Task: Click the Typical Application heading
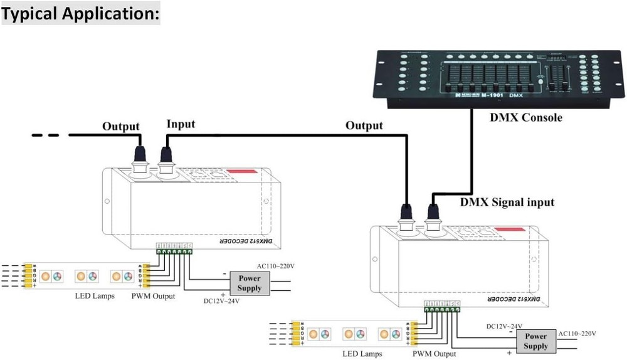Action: click(81, 13)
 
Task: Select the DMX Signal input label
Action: click(507, 202)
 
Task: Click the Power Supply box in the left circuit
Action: click(249, 283)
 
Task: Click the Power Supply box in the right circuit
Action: click(535, 341)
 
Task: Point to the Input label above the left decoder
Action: click(181, 124)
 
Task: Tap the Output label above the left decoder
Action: click(120, 126)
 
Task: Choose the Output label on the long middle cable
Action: click(364, 125)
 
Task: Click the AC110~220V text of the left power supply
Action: click(275, 266)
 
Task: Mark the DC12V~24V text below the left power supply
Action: click(221, 300)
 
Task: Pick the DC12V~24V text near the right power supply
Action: click(504, 326)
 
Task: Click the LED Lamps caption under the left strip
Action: click(93, 296)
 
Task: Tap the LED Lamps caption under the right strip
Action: click(362, 354)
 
